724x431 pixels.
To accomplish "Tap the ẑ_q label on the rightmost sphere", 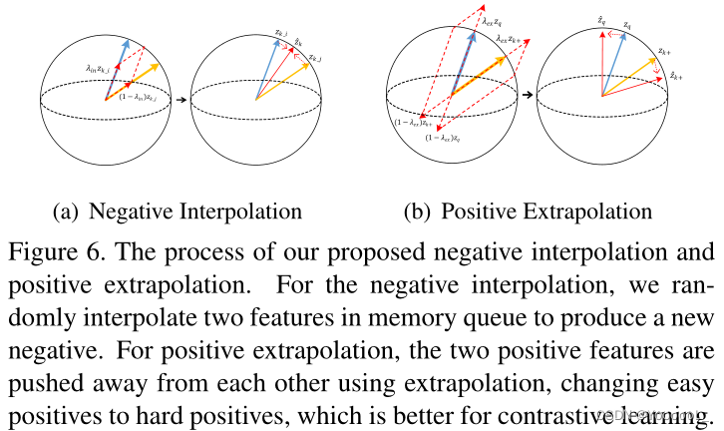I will tap(600, 21).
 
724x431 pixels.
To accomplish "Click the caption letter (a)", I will tap(65, 212).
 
